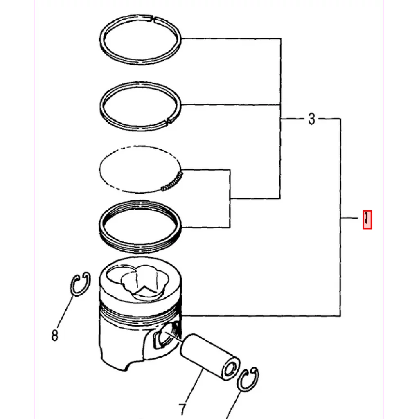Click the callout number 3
pos(311,119)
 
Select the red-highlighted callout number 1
pos(367,220)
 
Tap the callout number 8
pos(55,335)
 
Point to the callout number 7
pos(182,409)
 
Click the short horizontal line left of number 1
pos(349,218)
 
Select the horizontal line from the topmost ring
pos(231,38)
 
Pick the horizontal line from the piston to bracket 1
pos(261,316)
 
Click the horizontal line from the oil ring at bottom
pos(205,228)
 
